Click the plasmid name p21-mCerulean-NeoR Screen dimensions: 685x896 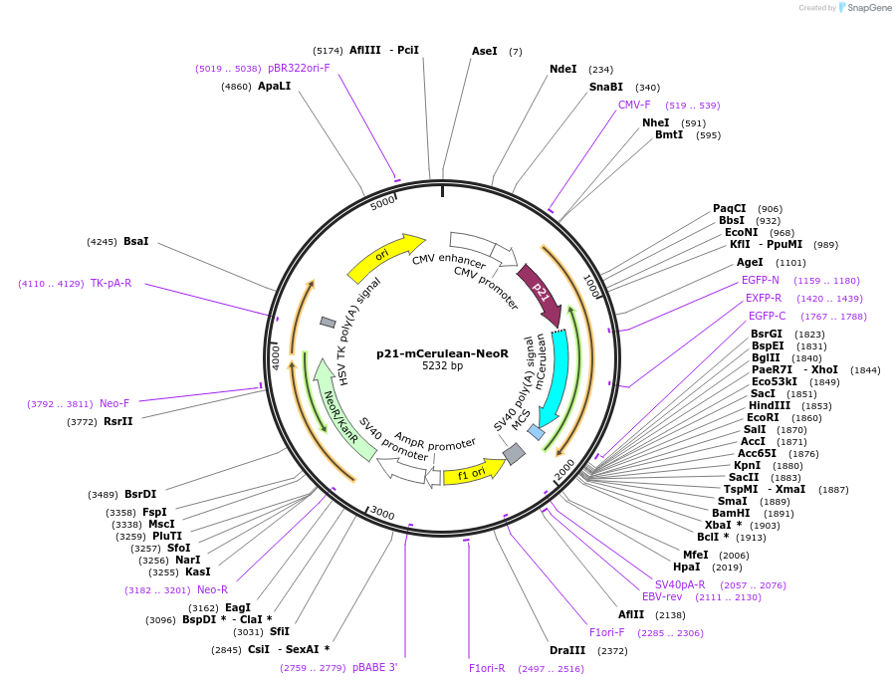click(x=442, y=353)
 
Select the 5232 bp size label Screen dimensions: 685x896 click(x=442, y=366)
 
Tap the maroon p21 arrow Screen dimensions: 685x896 click(x=539, y=293)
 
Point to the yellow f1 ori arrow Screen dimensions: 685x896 click(x=472, y=474)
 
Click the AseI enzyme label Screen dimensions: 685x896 click(x=484, y=51)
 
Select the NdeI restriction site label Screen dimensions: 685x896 click(x=562, y=70)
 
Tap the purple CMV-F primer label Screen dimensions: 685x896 click(x=634, y=105)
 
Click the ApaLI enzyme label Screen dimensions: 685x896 click(x=274, y=87)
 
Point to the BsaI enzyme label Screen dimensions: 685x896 click(x=135, y=241)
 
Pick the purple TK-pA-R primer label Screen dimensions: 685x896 click(x=111, y=284)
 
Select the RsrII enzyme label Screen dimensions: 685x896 click(x=117, y=421)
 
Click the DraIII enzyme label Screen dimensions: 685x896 click(x=566, y=650)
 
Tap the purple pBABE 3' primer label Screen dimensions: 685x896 click(x=374, y=667)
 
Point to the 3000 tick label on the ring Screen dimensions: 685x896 click(x=382, y=514)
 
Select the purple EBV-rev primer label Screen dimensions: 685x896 click(x=662, y=596)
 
